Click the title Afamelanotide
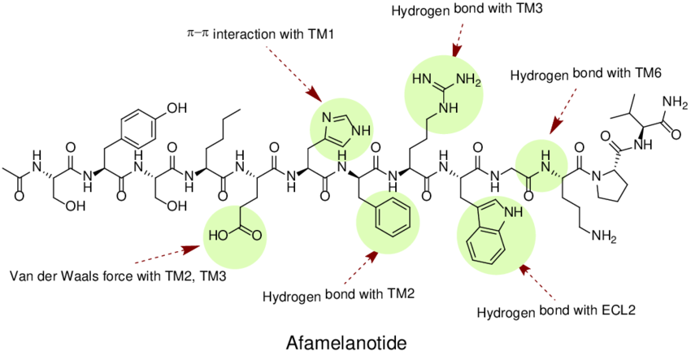(x=345, y=343)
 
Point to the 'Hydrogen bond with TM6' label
(x=586, y=75)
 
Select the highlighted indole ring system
(x=496, y=232)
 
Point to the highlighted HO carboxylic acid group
(x=237, y=235)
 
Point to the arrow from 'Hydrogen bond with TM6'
(x=561, y=114)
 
